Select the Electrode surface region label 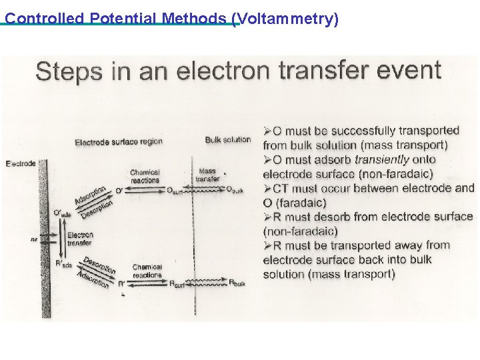pos(119,142)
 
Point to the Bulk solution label pos(228,140)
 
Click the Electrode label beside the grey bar pos(20,163)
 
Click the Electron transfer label pos(80,239)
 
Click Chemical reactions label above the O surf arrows pos(145,176)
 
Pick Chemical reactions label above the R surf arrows pos(147,271)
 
